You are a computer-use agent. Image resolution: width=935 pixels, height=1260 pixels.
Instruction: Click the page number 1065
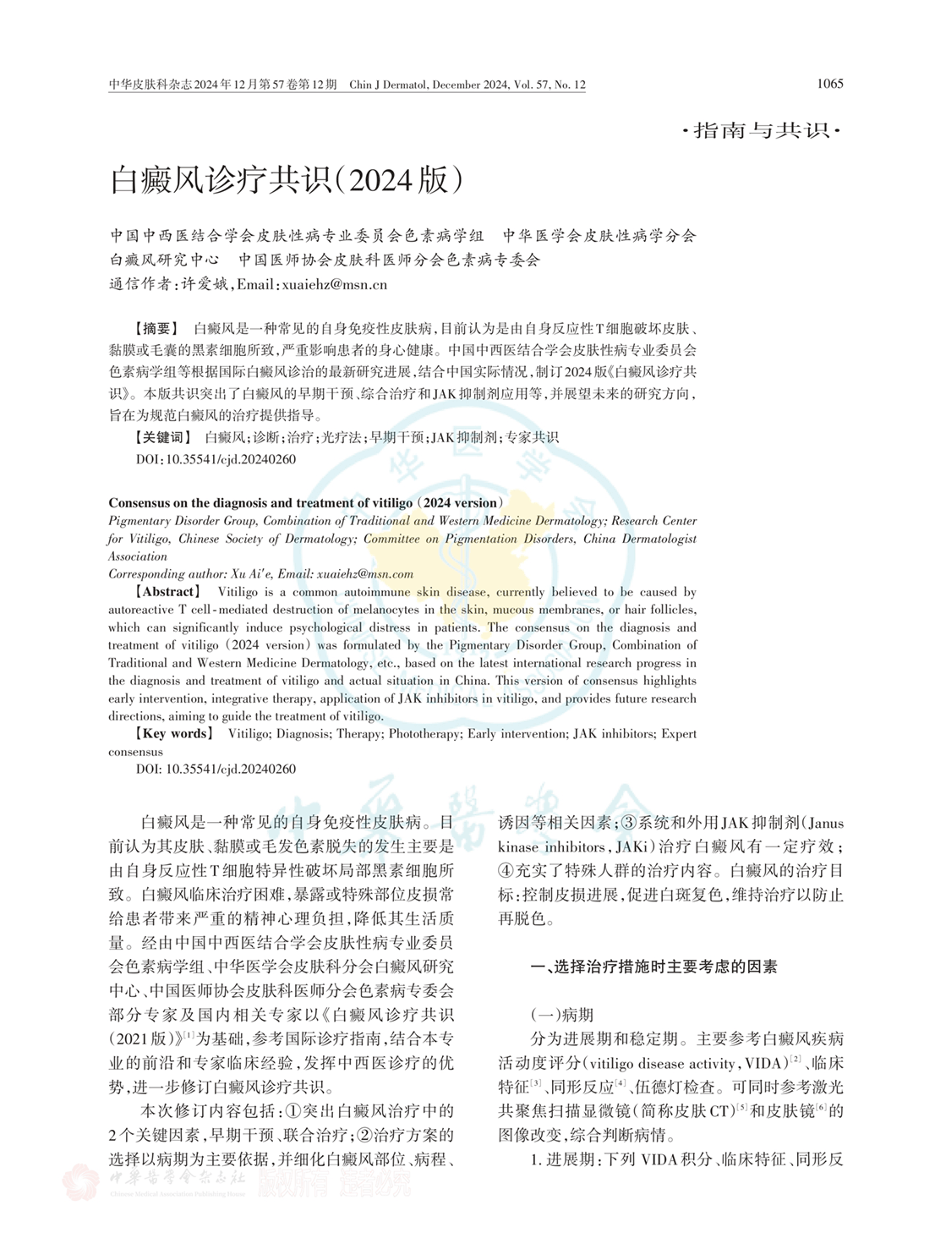(x=829, y=84)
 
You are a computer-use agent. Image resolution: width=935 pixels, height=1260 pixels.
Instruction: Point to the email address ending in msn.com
(x=365, y=573)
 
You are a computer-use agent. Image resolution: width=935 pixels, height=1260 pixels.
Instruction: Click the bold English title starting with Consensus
(x=306, y=502)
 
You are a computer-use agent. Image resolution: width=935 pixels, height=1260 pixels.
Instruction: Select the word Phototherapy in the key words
(x=425, y=733)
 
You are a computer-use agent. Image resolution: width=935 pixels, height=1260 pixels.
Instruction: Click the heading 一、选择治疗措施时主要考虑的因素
(x=653, y=967)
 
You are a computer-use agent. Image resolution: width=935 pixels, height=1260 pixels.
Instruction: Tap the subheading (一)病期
(x=561, y=1015)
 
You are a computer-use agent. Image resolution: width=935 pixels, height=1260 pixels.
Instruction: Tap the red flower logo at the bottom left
(x=82, y=1181)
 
